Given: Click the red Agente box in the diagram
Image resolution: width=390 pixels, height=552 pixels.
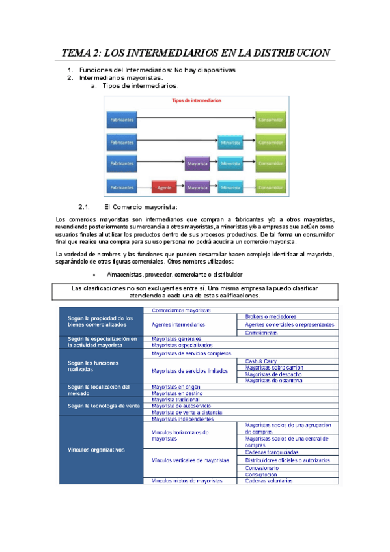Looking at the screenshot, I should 165,187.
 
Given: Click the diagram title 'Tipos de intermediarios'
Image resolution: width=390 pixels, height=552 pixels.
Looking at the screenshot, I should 196,101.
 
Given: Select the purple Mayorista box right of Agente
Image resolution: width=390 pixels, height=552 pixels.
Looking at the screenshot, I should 197,187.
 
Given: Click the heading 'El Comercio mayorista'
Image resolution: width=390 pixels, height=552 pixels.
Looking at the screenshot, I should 141,207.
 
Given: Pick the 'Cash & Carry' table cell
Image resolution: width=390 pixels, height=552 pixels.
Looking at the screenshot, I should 260,361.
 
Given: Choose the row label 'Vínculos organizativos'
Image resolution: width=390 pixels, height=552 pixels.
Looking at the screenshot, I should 98,450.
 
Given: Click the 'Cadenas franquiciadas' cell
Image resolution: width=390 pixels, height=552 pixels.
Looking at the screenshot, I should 272,452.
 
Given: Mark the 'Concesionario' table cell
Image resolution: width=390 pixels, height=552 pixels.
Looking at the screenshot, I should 262,467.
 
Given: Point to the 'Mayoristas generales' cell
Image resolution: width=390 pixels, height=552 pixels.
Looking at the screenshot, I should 176,339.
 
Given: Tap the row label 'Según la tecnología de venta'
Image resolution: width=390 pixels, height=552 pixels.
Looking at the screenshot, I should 103,406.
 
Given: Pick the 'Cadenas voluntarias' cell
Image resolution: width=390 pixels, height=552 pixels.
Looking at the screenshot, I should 269,481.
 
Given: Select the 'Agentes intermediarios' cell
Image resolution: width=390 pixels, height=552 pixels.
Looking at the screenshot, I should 178,324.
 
